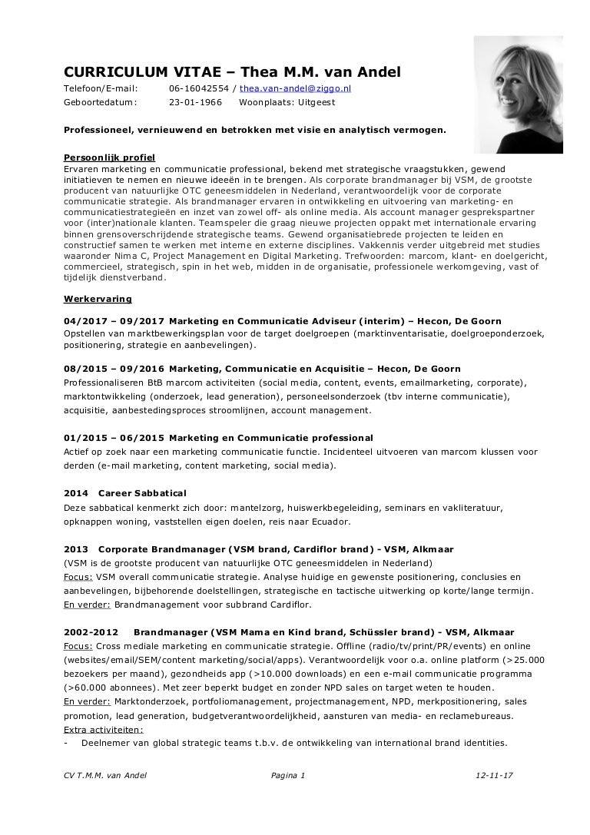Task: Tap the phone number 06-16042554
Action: click(197, 88)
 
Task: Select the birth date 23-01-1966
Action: click(195, 101)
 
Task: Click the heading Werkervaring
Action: click(98, 298)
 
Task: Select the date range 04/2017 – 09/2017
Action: click(113, 321)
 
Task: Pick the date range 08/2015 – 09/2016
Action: click(113, 369)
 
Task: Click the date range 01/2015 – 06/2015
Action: click(113, 438)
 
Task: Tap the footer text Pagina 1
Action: click(288, 775)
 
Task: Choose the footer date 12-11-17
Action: click(494, 775)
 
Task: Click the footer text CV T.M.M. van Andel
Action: click(105, 775)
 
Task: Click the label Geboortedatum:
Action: click(99, 101)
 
